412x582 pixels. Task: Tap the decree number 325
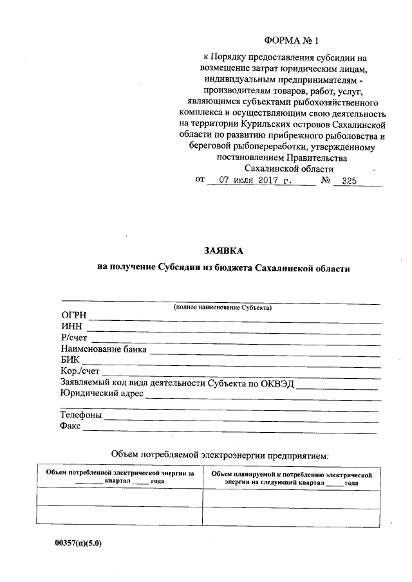pos(349,181)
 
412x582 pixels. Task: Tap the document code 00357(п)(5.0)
pos(79,543)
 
